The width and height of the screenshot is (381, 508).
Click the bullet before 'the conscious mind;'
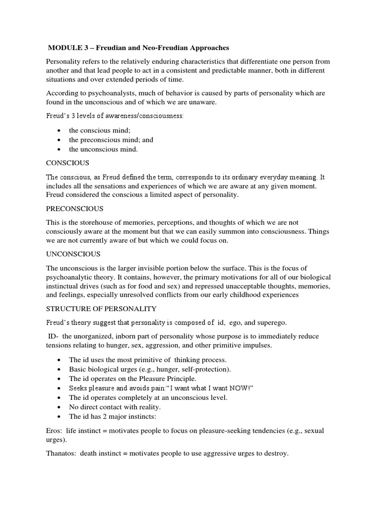pyautogui.click(x=60, y=130)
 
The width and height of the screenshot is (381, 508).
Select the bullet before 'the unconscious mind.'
pyautogui.click(x=60, y=149)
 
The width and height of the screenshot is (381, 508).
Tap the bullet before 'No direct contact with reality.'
pyautogui.click(x=60, y=406)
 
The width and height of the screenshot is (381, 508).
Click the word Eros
pyautogui.click(x=55, y=431)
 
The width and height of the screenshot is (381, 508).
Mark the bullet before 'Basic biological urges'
pyautogui.click(x=60, y=370)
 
